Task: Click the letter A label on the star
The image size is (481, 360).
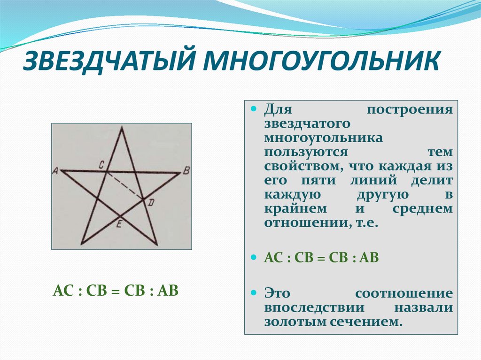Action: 55,171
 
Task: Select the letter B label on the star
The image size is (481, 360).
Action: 186,170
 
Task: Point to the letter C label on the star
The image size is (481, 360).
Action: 101,165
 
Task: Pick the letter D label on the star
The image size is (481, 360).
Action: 151,202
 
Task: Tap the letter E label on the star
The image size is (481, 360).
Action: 119,225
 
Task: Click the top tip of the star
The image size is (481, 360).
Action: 122,126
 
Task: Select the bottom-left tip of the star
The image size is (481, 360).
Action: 81,244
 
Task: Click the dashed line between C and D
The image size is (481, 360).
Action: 124,186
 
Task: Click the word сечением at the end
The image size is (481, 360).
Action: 366,322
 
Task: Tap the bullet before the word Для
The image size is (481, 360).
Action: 253,108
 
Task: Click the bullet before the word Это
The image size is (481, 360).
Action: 253,292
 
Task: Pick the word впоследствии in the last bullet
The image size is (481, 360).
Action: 314,308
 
